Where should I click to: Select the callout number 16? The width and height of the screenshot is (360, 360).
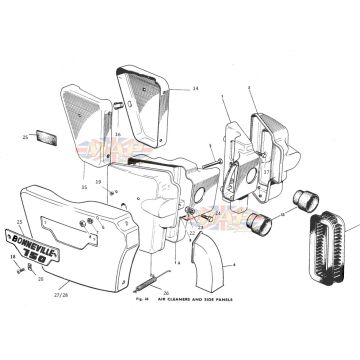tap(116, 133)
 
